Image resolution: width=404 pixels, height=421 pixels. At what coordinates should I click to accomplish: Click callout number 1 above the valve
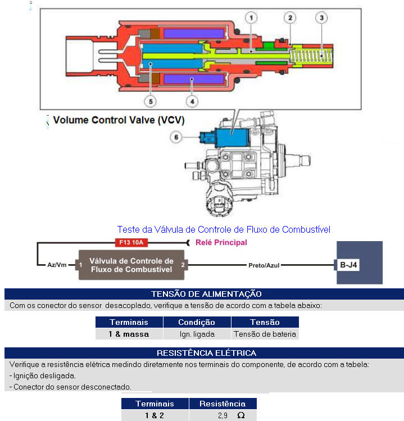click(x=251, y=18)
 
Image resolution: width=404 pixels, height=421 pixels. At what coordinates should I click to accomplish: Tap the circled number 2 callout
click(x=290, y=18)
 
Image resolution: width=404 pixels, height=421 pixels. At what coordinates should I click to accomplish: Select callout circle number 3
click(x=321, y=18)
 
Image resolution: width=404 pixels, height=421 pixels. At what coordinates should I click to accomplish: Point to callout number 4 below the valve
click(x=192, y=102)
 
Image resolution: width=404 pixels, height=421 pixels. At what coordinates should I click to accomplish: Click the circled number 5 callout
click(x=151, y=102)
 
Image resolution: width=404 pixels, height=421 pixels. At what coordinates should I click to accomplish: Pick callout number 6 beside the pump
click(x=176, y=137)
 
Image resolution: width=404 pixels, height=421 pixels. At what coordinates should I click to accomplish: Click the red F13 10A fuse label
click(x=131, y=242)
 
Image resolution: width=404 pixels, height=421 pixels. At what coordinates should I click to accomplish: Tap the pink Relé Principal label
click(x=221, y=242)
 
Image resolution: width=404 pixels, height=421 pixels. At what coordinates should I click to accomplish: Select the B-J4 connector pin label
click(x=348, y=265)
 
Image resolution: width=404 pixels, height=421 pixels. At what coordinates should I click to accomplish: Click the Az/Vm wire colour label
click(x=57, y=265)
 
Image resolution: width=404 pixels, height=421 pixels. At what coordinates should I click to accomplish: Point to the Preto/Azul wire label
click(x=264, y=265)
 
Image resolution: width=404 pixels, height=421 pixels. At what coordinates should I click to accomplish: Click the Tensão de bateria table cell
click(x=265, y=334)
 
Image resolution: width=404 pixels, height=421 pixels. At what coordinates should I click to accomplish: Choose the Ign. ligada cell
click(x=197, y=334)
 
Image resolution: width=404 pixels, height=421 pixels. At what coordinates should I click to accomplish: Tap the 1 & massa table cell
click(x=129, y=334)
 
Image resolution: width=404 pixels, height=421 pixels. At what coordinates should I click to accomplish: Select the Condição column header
click(x=197, y=322)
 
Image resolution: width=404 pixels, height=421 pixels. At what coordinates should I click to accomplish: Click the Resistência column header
click(x=223, y=404)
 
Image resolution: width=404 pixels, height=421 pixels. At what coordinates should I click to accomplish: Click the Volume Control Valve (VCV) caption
click(x=119, y=120)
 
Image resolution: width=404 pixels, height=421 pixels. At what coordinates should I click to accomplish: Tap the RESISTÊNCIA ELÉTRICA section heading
click(x=206, y=353)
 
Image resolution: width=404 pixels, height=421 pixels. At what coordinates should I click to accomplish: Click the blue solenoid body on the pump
click(x=232, y=137)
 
